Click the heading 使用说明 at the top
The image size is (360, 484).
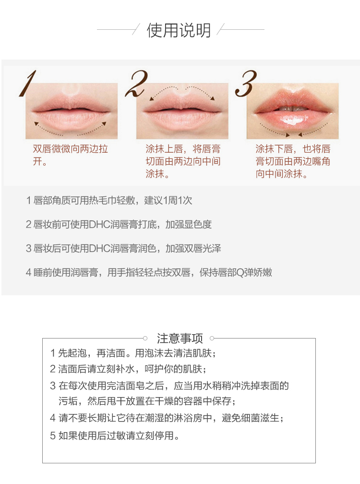coord(179,30)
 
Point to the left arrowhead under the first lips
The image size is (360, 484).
coord(36,124)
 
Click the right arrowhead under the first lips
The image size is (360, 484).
coord(104,124)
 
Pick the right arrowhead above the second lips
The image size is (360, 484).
coord(213,98)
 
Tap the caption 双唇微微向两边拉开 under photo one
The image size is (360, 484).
coord(71,155)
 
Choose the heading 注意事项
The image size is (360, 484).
coord(180,339)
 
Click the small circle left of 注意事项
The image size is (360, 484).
coord(145,339)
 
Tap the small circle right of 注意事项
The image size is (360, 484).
coord(212,339)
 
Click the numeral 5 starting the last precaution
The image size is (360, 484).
coord(53,436)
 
